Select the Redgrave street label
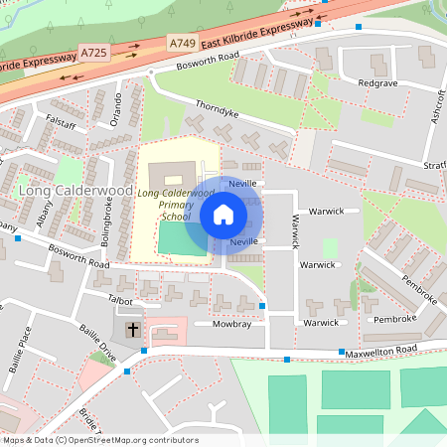pyautogui.click(x=377, y=83)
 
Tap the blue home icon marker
pyautogui.click(x=223, y=215)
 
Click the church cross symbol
pyautogui.click(x=133, y=329)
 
